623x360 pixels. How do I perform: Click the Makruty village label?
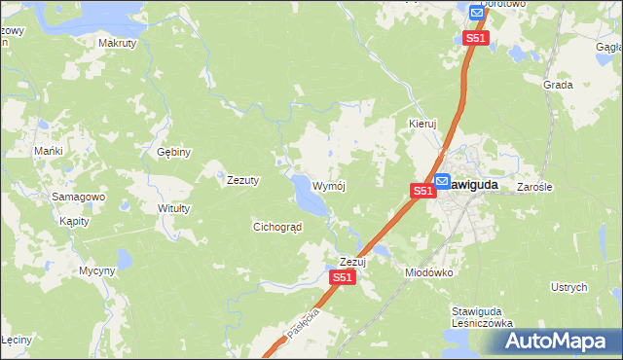(x=117, y=44)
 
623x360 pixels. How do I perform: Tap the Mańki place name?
(x=49, y=151)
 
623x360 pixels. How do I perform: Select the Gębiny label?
(x=174, y=152)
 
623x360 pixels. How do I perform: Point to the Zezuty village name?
(x=242, y=180)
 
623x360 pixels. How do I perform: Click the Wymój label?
(x=329, y=185)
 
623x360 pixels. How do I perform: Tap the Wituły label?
(x=173, y=208)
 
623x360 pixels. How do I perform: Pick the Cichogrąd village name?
(x=277, y=227)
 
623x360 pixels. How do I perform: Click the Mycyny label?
(x=97, y=270)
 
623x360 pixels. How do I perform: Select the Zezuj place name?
(x=351, y=262)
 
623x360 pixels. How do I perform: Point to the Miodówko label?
(x=429, y=272)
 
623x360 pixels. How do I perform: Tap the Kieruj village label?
(x=423, y=125)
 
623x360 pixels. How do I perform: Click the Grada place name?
(x=559, y=85)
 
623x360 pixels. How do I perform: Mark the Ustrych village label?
(x=569, y=287)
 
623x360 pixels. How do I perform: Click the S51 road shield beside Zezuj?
(x=342, y=277)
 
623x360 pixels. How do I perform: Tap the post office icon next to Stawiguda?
(x=442, y=180)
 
